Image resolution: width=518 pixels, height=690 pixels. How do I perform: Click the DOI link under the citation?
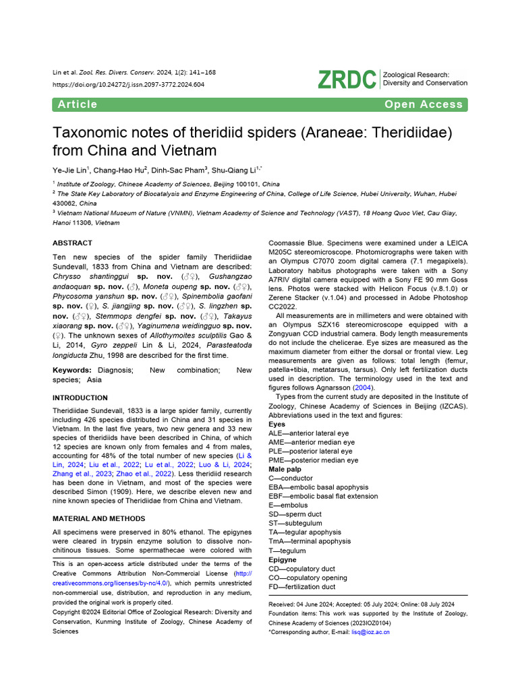pyautogui.click(x=128, y=85)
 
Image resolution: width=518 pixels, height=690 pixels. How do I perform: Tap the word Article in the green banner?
pyautogui.click(x=78, y=104)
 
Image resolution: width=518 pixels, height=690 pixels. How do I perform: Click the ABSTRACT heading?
pyautogui.click(x=72, y=243)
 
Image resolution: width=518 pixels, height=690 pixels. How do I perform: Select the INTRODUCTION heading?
pyautogui.click(x=80, y=398)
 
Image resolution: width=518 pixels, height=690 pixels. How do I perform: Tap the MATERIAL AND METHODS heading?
pyautogui.click(x=98, y=518)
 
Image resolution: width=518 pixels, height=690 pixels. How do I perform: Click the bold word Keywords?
pyautogui.click(x=72, y=371)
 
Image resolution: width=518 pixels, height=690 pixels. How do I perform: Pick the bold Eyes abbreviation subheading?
pyautogui.click(x=277, y=425)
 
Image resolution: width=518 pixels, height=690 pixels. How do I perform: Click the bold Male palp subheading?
pyautogui.click(x=286, y=469)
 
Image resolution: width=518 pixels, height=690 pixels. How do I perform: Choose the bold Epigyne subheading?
pyautogui.click(x=282, y=560)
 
